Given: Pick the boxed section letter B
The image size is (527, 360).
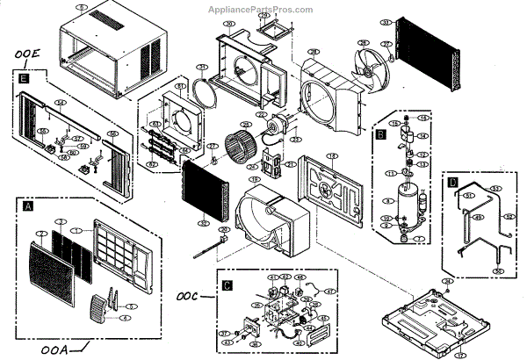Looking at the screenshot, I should [380, 135].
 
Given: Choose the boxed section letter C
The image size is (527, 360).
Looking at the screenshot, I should [227, 285].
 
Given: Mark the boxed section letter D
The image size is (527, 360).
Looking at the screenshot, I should [452, 183].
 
